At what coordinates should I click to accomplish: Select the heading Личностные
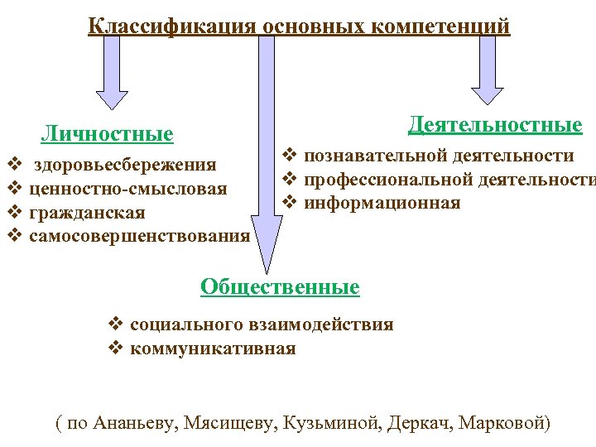[108, 134]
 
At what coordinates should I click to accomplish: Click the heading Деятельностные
[495, 125]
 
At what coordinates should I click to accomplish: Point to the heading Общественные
[280, 287]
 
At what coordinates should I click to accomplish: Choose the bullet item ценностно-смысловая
[127, 190]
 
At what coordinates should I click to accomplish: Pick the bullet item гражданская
[87, 214]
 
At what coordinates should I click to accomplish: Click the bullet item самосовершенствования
[139, 237]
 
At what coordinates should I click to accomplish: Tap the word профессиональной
[377, 180]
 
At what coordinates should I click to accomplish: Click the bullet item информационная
[382, 203]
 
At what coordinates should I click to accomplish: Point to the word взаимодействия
[334, 324]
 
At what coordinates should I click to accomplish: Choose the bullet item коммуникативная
[213, 348]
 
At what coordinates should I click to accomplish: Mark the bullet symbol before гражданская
[13, 214]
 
